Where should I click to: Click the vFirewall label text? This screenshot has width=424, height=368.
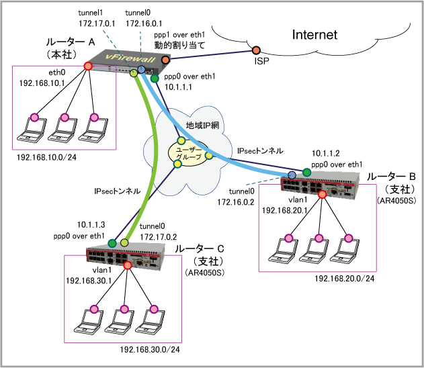pos(131,59)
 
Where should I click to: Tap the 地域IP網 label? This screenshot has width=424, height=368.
pos(202,126)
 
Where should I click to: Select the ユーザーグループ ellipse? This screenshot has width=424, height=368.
pos(188,154)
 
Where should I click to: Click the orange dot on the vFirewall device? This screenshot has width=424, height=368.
pos(165,60)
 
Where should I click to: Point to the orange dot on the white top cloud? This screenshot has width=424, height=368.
pos(256,50)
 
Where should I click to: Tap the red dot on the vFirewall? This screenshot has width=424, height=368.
pos(88,66)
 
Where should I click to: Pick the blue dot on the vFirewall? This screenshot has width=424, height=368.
pos(142,69)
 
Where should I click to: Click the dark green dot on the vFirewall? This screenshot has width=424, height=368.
pos(155,79)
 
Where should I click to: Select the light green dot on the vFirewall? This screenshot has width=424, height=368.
pos(134,73)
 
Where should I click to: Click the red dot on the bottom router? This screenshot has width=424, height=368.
pos(128,265)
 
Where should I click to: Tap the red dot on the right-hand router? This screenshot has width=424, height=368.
pos(322,194)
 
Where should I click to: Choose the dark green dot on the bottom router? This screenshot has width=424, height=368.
pos(112,243)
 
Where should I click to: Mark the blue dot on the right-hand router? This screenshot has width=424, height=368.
pos(292,175)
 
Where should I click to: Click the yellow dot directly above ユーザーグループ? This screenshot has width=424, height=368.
pos(181,140)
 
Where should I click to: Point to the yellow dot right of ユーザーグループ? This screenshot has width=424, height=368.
pos(209,155)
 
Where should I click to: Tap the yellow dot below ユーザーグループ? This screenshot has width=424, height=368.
pos(177,164)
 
